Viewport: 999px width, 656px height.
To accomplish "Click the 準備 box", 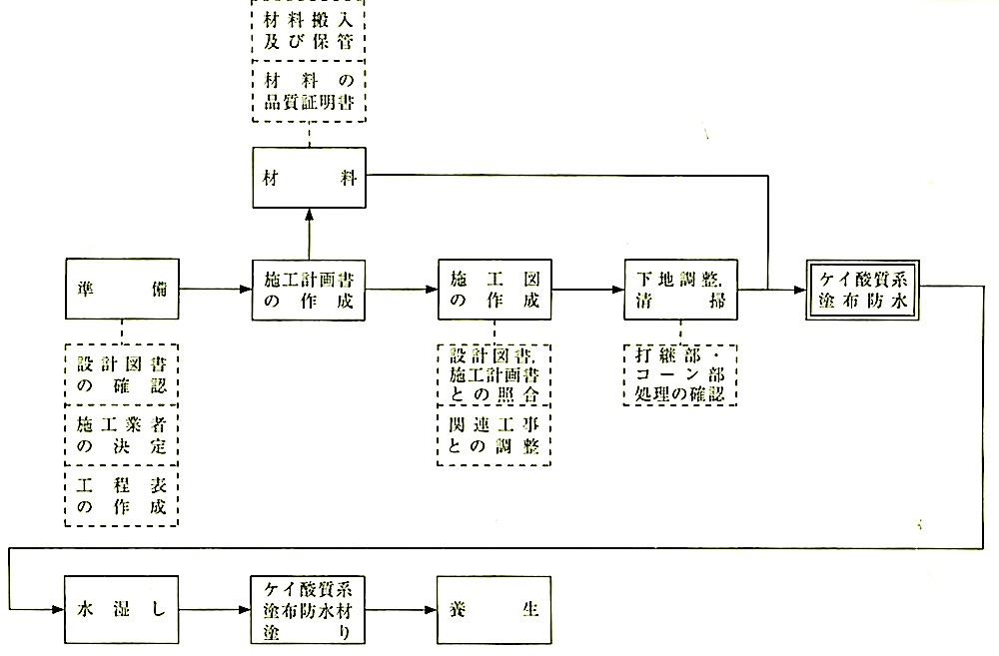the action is (x=122, y=289).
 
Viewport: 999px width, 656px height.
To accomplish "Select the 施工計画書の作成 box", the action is (x=309, y=290).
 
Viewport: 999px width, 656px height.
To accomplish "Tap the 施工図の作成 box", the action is (x=496, y=290).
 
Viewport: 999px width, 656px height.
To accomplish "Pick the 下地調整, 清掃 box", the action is (x=681, y=290).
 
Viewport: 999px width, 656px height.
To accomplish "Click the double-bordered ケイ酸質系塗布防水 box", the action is (x=863, y=290).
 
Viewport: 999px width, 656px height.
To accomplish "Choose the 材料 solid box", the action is (x=309, y=178).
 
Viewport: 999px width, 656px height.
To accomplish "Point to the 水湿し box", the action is (x=122, y=610).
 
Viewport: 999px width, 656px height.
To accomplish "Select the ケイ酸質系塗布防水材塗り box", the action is (x=309, y=610).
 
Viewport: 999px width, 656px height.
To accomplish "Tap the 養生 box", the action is (x=495, y=610).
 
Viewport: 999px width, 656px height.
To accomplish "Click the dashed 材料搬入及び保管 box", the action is (x=309, y=31).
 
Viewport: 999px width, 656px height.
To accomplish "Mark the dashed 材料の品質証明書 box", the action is (x=309, y=91).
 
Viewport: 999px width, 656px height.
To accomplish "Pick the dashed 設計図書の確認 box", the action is (x=122, y=374).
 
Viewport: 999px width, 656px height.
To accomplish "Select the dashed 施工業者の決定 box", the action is (x=122, y=435).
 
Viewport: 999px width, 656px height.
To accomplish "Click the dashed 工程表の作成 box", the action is (x=122, y=496).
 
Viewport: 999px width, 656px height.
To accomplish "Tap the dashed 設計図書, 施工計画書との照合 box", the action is (x=495, y=374).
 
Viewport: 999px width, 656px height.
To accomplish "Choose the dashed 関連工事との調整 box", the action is (x=495, y=435).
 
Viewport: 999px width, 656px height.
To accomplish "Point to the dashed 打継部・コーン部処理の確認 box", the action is (x=680, y=375).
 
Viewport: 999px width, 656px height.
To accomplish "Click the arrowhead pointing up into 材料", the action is (x=310, y=215).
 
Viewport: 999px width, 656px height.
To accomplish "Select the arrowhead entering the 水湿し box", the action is (x=58, y=610).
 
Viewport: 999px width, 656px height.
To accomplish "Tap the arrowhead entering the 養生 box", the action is (x=432, y=610).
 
